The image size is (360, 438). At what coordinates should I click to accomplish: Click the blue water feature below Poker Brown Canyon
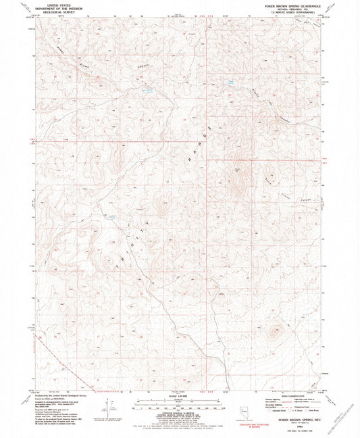(x=148, y=89)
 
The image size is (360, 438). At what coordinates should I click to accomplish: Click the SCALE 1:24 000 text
(x=180, y=395)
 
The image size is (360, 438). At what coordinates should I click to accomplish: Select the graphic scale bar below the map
(x=180, y=404)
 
